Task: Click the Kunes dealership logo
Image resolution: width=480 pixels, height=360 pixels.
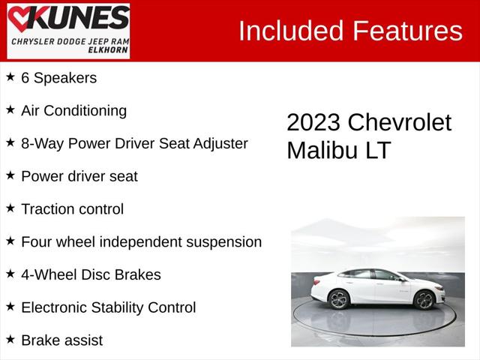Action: [x=68, y=31]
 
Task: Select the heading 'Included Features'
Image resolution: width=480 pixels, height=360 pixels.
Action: [x=349, y=31]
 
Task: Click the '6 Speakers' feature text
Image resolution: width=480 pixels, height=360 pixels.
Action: [x=58, y=77]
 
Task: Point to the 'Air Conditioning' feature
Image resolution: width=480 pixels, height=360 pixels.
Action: [x=73, y=110]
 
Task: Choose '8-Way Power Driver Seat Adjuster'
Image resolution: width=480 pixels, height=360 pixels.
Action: [x=134, y=143]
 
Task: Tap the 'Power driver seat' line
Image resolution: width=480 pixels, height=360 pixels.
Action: [x=79, y=176]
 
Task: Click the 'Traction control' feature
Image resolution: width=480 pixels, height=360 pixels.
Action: [x=72, y=209]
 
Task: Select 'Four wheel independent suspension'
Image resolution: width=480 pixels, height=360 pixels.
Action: [x=141, y=241]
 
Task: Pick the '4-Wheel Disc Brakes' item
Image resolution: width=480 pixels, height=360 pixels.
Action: [x=91, y=274]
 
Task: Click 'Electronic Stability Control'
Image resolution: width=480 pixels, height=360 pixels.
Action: [x=108, y=307]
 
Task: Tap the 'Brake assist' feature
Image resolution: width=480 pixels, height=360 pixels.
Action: [x=61, y=340]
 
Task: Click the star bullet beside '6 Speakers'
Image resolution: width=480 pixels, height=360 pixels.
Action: [x=10, y=76]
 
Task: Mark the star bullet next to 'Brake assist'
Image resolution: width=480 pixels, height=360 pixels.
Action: [x=10, y=340]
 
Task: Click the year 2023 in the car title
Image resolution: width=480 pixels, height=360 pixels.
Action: [x=313, y=122]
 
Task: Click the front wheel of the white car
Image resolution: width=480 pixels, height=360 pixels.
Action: [x=424, y=300]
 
